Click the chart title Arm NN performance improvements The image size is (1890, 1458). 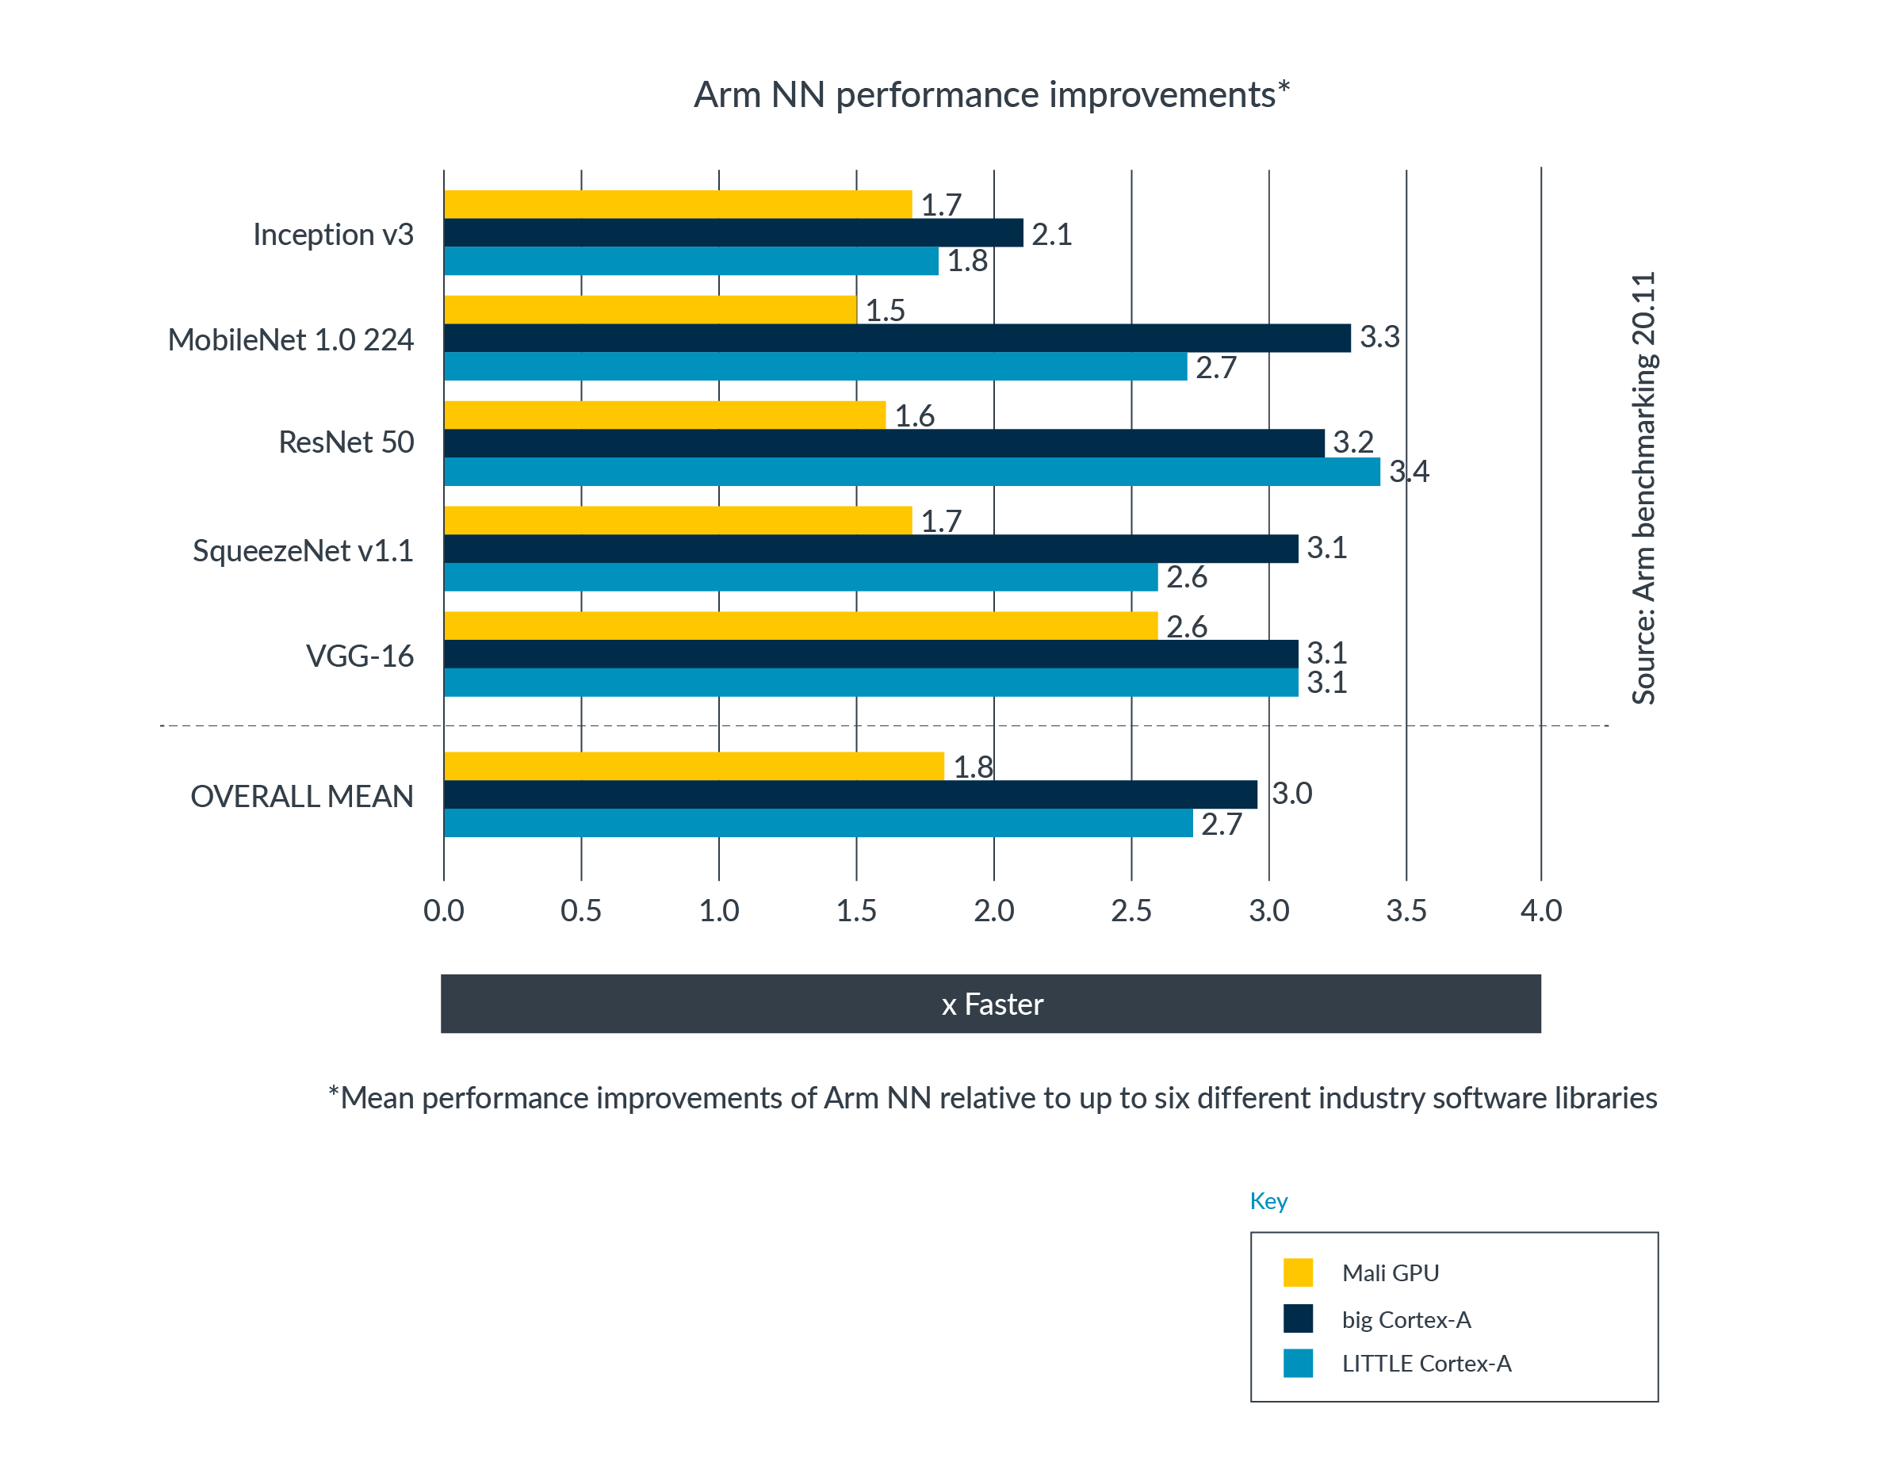[x=991, y=95]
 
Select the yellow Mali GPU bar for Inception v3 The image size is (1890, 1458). [x=677, y=205]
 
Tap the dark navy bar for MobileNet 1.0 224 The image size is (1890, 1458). [x=897, y=338]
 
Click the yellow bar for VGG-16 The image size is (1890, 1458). [x=800, y=625]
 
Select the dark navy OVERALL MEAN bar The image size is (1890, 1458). [x=850, y=794]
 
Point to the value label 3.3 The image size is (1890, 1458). [x=1379, y=337]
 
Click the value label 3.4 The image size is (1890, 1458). [x=1408, y=472]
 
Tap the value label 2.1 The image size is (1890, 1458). [x=1050, y=234]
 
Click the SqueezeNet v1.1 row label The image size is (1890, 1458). [x=302, y=550]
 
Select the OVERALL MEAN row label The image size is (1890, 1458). [x=301, y=796]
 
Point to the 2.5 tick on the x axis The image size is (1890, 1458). [x=1131, y=910]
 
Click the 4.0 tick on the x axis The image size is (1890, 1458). [x=1540, y=910]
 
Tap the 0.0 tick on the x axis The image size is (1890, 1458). [x=443, y=910]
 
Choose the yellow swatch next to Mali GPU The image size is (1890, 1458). [x=1297, y=1272]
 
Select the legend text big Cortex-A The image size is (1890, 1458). [x=1406, y=1319]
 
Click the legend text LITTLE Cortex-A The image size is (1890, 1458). [x=1426, y=1364]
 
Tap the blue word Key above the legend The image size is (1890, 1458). [x=1268, y=1201]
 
